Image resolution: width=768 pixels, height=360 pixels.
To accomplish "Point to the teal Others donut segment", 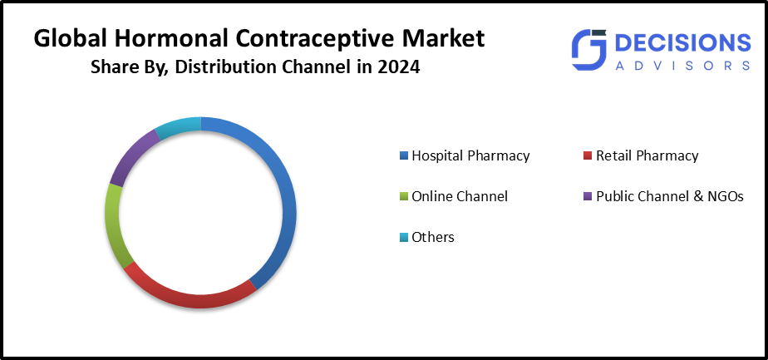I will click(179, 126).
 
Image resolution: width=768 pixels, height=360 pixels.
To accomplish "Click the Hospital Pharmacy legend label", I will click(470, 155).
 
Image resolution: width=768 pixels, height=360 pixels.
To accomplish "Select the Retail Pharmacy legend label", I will click(647, 155).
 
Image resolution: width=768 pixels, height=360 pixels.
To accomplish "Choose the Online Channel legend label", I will click(460, 196).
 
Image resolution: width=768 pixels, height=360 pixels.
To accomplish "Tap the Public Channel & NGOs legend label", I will click(670, 196).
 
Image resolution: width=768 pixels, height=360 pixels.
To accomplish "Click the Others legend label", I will click(433, 237).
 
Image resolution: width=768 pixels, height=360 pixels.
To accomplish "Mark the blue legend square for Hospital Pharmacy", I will click(404, 156).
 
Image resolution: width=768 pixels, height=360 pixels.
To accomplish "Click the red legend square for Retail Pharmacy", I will click(588, 156).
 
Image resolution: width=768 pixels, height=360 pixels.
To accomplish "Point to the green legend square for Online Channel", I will click(404, 197).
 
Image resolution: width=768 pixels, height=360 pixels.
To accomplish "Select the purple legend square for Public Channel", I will click(588, 197).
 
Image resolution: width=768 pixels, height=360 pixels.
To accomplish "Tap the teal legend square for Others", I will click(404, 238).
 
